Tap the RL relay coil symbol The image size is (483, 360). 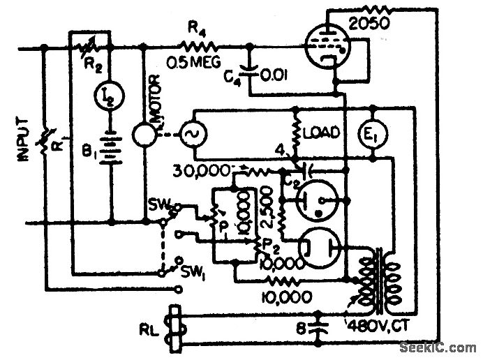(174, 326)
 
